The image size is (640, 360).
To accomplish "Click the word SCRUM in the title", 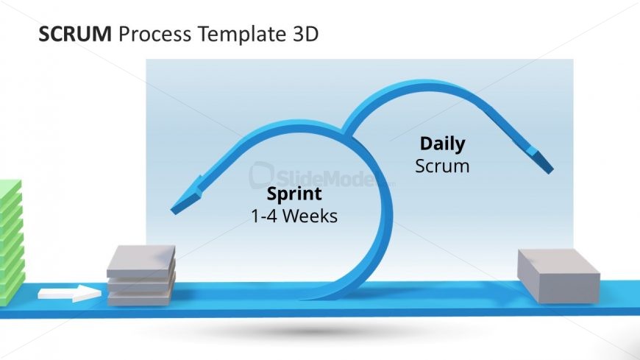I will coord(74,34).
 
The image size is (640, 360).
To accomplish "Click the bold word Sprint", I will coord(294,194).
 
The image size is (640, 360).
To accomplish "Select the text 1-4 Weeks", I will coord(294,216).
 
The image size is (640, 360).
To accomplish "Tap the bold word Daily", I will coord(442,144).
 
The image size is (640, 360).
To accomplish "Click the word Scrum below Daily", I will coord(442,166).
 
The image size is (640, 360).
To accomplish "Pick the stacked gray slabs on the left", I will coord(141,275).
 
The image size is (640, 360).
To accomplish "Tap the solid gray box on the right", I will coord(558,275).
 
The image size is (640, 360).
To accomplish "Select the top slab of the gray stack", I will coord(141,260).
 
